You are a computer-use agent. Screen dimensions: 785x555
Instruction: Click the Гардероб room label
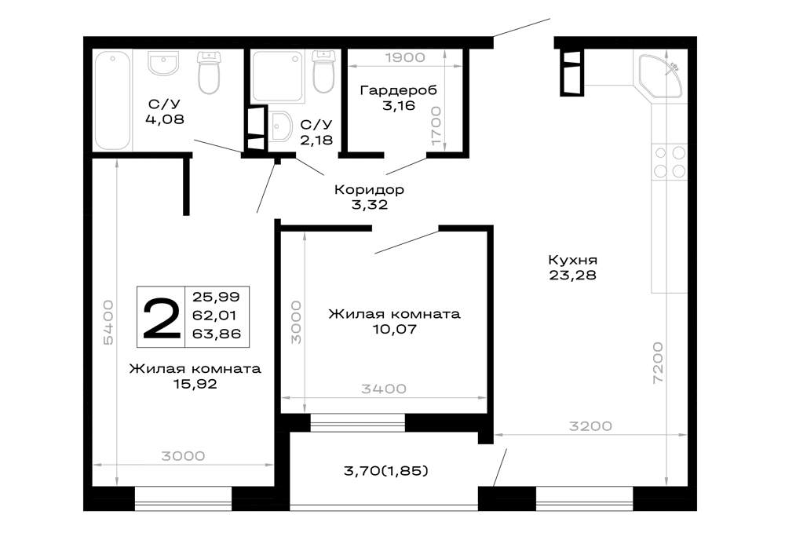point(399,90)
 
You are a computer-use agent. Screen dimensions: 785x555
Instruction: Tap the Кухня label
point(573,260)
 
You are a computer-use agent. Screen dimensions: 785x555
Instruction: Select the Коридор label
point(369,190)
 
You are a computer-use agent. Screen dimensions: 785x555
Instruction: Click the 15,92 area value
point(195,384)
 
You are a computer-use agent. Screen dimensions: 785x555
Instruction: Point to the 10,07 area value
point(395,329)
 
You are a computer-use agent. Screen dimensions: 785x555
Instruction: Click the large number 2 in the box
point(161,317)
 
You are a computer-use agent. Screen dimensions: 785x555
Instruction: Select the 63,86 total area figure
point(217,334)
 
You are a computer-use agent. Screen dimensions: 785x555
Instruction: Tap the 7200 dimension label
point(658,363)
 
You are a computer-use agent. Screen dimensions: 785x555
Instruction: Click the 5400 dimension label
point(108,323)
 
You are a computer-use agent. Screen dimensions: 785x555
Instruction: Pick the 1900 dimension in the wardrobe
point(405,57)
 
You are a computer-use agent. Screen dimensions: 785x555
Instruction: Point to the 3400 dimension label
point(384,389)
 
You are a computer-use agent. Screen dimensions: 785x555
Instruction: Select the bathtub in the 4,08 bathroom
point(112,100)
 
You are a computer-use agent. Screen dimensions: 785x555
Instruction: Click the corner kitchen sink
point(661,75)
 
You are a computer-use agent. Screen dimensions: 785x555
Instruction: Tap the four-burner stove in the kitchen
point(670,162)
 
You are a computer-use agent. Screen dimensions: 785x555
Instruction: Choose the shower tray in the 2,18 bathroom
point(278,76)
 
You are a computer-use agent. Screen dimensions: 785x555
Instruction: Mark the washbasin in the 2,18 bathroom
point(280,127)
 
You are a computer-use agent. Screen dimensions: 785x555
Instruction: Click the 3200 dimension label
point(591,426)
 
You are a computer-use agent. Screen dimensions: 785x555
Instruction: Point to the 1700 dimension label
point(436,126)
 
